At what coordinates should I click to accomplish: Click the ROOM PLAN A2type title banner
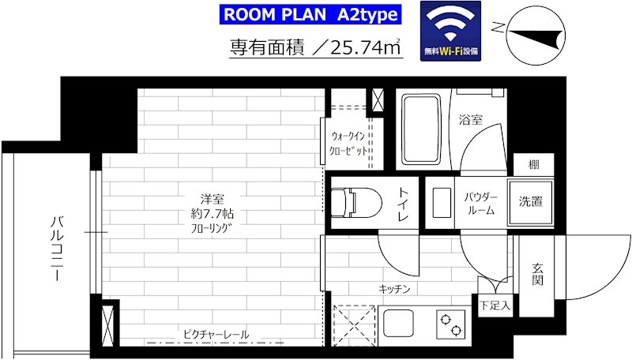pyautogui.click(x=310, y=14)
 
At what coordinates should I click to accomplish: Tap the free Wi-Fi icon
pyautogui.click(x=450, y=31)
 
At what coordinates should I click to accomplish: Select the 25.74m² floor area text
pyautogui.click(x=366, y=48)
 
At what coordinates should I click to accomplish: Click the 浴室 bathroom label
pyautogui.click(x=471, y=119)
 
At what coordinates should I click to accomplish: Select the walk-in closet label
pyautogui.click(x=348, y=144)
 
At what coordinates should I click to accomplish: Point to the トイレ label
pyautogui.click(x=404, y=204)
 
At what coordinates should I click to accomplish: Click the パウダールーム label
pyautogui.click(x=481, y=204)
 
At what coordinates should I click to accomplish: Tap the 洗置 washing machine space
pyautogui.click(x=530, y=202)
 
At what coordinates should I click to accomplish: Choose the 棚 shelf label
pyautogui.click(x=534, y=164)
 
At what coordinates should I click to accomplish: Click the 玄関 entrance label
pyautogui.click(x=538, y=274)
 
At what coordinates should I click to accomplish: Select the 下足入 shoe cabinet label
pyautogui.click(x=495, y=306)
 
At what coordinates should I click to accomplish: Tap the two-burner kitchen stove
pyautogui.click(x=451, y=324)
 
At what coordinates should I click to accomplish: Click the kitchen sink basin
pyautogui.click(x=398, y=324)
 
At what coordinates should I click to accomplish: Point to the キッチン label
pyautogui.click(x=394, y=289)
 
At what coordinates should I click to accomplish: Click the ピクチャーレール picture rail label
pyautogui.click(x=216, y=334)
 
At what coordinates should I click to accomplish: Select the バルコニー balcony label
pyautogui.click(x=57, y=249)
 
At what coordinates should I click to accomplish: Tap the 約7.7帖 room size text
pyautogui.click(x=213, y=213)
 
